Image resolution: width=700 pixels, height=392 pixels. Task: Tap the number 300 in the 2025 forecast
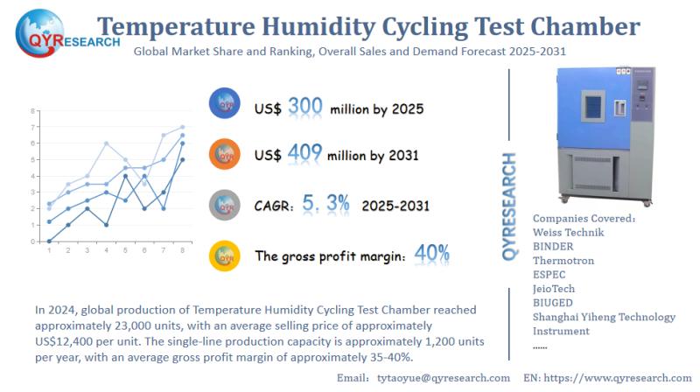305,108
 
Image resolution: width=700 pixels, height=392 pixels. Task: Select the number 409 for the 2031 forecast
305,154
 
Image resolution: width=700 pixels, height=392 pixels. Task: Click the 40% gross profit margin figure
432,255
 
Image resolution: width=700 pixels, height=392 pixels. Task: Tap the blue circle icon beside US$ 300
226,104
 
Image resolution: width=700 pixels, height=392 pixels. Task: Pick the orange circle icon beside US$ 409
226,154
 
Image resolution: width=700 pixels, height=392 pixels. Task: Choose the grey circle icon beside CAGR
226,205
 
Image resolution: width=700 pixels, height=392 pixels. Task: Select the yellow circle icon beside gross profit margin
226,255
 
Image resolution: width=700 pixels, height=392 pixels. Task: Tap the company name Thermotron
563,260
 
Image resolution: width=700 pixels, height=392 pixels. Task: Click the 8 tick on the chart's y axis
33,111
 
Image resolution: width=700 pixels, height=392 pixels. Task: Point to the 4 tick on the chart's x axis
106,250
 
